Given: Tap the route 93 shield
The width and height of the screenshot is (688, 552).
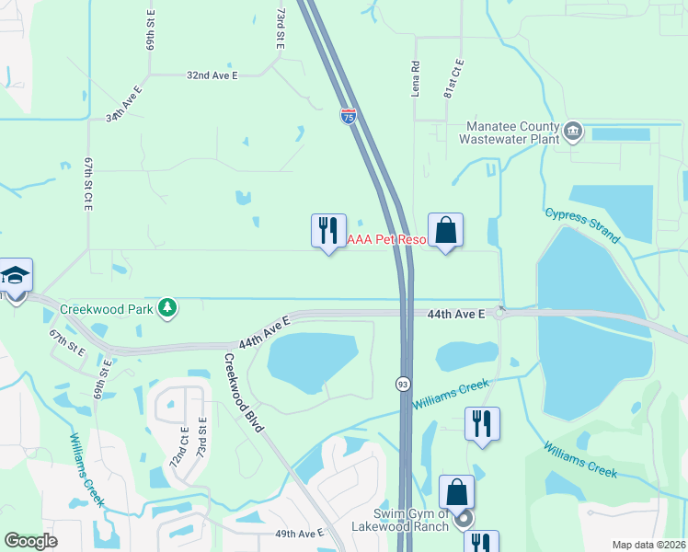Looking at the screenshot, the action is click(403, 384).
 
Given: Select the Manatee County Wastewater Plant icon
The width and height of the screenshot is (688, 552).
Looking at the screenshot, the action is click(573, 131).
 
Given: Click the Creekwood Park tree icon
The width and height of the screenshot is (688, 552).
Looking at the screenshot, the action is click(167, 307).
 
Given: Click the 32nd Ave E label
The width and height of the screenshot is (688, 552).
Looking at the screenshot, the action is click(212, 75).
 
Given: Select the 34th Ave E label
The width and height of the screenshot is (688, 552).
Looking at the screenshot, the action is click(124, 105).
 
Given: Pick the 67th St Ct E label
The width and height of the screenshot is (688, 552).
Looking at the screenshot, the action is click(88, 184).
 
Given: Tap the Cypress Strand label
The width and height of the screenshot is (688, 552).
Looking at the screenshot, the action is click(582, 224).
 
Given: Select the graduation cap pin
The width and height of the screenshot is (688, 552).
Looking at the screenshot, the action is click(16, 275).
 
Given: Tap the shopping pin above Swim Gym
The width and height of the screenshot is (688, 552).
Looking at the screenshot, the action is click(457, 492).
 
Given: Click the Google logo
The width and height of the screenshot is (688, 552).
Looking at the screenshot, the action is click(30, 541).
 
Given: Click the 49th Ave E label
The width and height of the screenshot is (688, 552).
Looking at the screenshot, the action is click(299, 534).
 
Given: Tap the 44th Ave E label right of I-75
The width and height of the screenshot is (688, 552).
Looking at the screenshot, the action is click(455, 314).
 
